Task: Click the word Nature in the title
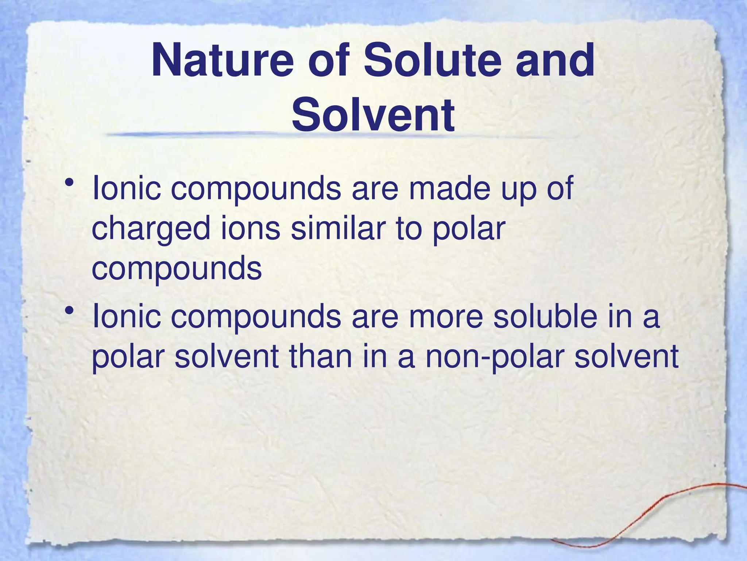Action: pyautogui.click(x=222, y=61)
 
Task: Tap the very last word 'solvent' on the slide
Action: pyautogui.click(x=626, y=356)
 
